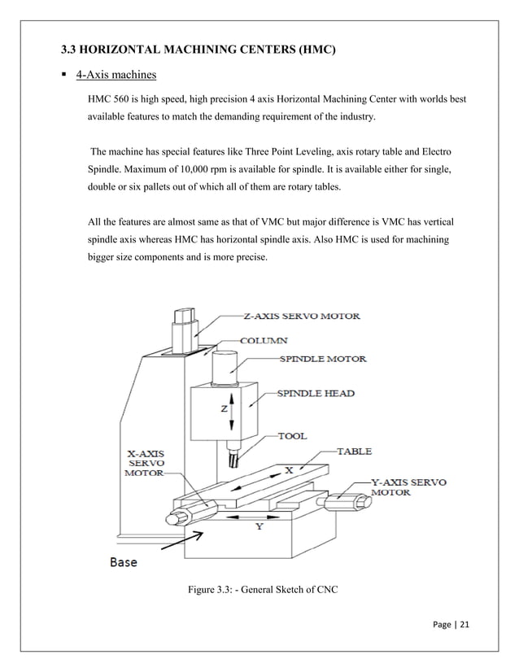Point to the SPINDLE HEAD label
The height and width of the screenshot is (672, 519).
point(316,394)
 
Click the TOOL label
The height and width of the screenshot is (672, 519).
point(293,436)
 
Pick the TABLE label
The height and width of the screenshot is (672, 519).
point(356,450)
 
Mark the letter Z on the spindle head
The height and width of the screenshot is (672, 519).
point(224,409)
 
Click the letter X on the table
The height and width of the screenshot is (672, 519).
point(289,470)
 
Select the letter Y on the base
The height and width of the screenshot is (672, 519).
point(259,527)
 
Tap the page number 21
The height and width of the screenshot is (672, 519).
point(464,626)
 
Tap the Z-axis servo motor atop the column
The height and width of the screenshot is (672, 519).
point(184,325)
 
